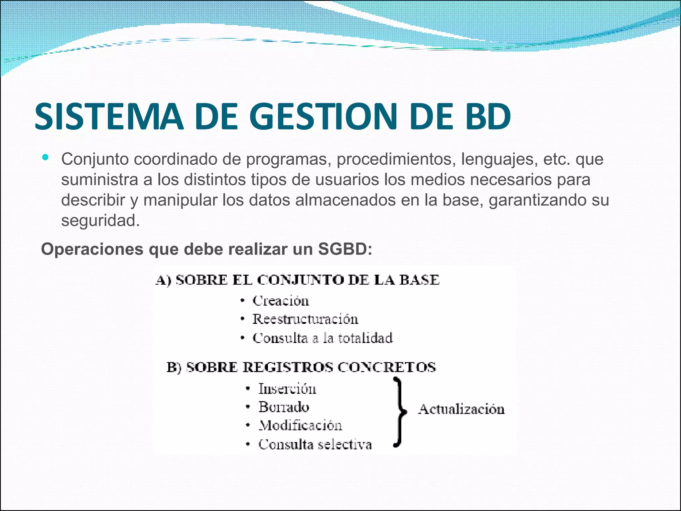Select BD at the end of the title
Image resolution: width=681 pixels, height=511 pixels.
[x=487, y=116]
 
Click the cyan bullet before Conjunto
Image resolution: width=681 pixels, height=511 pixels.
[x=45, y=157]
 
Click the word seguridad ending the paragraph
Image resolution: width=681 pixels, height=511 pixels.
[x=100, y=220]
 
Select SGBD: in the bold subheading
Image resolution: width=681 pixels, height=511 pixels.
[x=345, y=249]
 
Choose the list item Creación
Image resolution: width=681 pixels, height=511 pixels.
[x=281, y=301]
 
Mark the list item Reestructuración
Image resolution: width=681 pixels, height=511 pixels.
[x=305, y=319]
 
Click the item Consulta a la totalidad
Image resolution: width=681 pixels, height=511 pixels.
[x=323, y=338]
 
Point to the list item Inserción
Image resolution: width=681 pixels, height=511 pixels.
[x=287, y=389]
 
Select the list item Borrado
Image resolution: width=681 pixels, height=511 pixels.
[x=284, y=407]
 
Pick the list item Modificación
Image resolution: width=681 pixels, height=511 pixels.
[x=300, y=426]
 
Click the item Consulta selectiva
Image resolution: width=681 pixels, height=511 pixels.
[x=315, y=444]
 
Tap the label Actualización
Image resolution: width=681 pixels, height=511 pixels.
[x=461, y=409]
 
